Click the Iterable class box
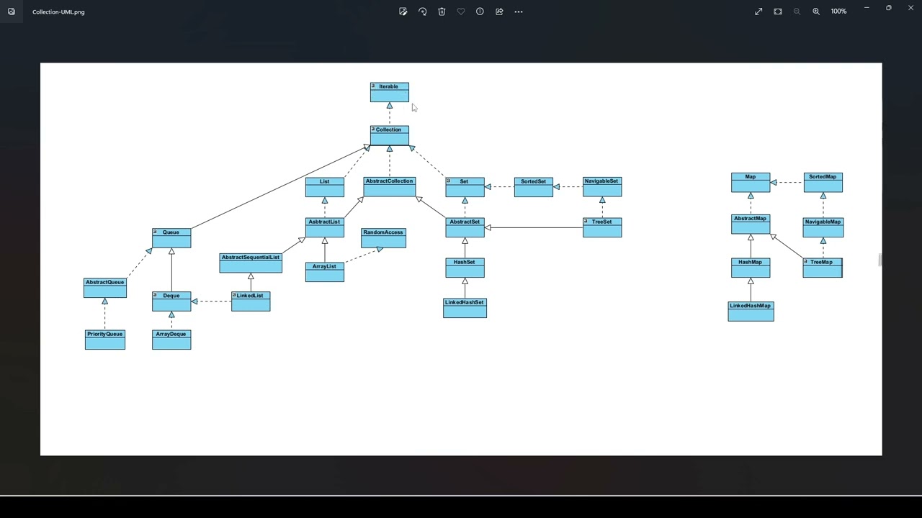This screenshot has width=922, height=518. pyautogui.click(x=389, y=92)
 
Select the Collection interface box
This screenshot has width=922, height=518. pyautogui.click(x=389, y=135)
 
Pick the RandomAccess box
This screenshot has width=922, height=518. pyautogui.click(x=383, y=238)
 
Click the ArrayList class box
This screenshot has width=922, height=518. pyautogui.click(x=324, y=272)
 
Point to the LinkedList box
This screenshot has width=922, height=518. pyautogui.click(x=251, y=301)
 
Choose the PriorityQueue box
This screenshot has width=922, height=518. pyautogui.click(x=104, y=340)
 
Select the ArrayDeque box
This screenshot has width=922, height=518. pyautogui.click(x=171, y=340)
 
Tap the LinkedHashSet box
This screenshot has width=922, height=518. pyautogui.click(x=465, y=308)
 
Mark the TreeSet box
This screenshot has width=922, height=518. pyautogui.click(x=602, y=227)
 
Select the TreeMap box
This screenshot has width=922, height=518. pyautogui.click(x=823, y=268)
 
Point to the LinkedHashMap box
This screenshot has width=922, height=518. pyautogui.click(x=751, y=312)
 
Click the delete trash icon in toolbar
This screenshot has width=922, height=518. pyautogui.click(x=442, y=12)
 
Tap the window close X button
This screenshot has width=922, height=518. pyautogui.click(x=910, y=8)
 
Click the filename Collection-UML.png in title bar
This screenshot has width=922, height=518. pyautogui.click(x=58, y=12)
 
